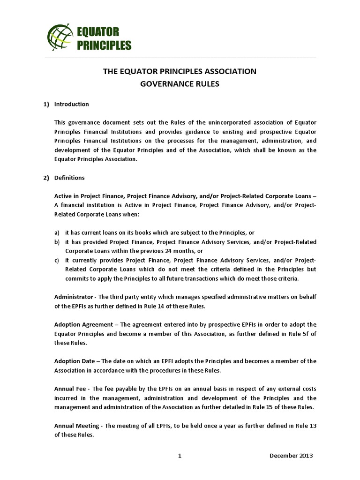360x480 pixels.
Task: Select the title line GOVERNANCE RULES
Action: pyautogui.click(x=180, y=85)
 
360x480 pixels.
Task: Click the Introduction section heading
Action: pyautogui.click(x=72, y=104)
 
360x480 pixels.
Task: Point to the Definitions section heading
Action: pyautogui.click(x=70, y=178)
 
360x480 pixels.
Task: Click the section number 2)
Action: pyautogui.click(x=46, y=178)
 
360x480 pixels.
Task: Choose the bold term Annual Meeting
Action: pyautogui.click(x=76, y=425)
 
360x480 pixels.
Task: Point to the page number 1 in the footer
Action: pyautogui.click(x=180, y=456)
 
